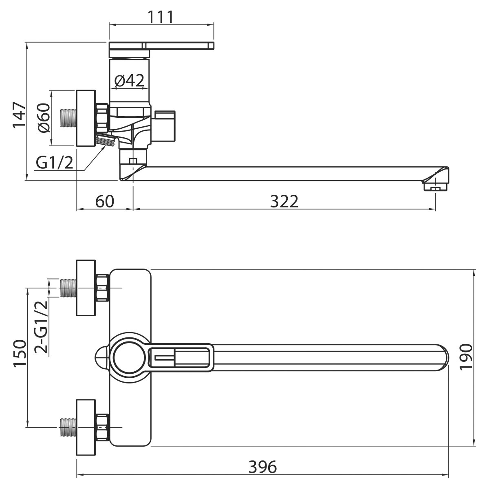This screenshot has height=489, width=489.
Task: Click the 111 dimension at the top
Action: [x=161, y=17]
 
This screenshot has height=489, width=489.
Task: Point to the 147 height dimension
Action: [x=20, y=115]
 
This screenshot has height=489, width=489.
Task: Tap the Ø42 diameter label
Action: [x=129, y=80]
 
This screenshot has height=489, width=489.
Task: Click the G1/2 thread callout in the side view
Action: [x=55, y=163]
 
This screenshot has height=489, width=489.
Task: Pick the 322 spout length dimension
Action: [x=284, y=201]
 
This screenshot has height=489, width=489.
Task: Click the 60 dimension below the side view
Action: [x=105, y=201]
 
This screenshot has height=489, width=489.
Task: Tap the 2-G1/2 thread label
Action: [x=41, y=327]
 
